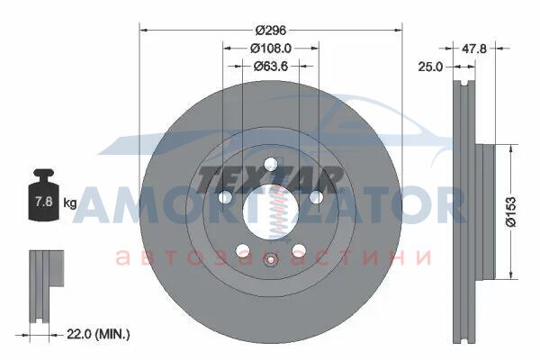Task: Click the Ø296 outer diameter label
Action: tap(271, 31)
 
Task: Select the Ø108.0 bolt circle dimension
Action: tap(271, 49)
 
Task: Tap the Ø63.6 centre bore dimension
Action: tap(271, 66)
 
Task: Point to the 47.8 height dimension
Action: tap(474, 49)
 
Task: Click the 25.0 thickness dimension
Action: tap(430, 67)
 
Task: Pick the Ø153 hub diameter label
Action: tap(511, 211)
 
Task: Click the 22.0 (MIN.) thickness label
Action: tap(98, 334)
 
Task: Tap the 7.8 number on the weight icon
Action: tap(44, 201)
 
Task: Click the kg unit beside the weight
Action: tap(70, 202)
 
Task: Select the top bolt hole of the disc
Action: tap(271, 164)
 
